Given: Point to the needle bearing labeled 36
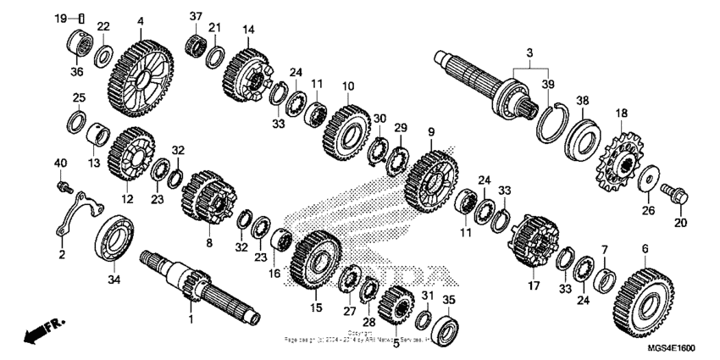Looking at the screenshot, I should tap(80, 44).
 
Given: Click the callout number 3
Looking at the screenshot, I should tap(529, 53).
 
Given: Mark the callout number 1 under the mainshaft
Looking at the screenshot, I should tap(190, 320).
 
